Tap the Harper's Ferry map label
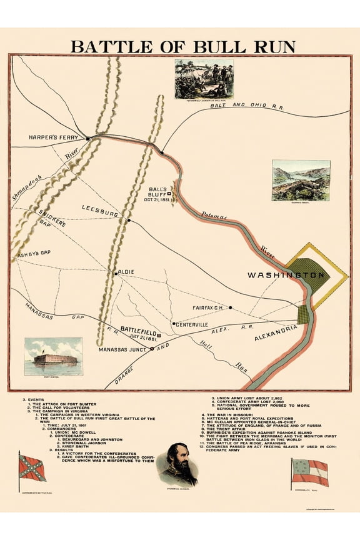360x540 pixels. tap(56, 137)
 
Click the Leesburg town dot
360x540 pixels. tap(129, 220)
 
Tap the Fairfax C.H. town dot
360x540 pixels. tap(231, 307)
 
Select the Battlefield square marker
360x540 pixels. tap(159, 335)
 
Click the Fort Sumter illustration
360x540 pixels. tap(53, 357)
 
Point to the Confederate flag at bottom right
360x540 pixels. tap(309, 472)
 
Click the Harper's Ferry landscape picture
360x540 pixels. tap(301, 181)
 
